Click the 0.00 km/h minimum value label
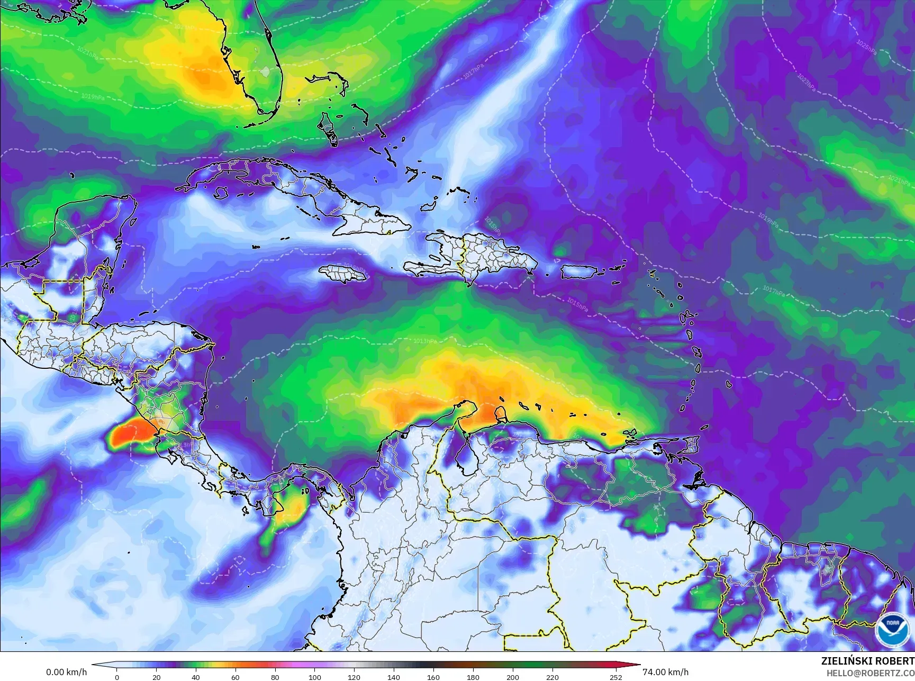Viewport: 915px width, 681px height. [x=67, y=672]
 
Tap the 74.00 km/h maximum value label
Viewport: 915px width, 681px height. [x=665, y=672]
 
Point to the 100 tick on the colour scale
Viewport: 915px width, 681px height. [x=315, y=677]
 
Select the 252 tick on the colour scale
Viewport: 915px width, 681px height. [x=616, y=677]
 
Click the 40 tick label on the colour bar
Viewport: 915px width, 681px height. [x=196, y=677]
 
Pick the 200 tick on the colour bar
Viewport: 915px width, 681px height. [x=512, y=677]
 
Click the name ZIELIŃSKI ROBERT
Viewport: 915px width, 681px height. [x=867, y=661]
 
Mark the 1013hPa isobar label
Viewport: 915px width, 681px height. [x=425, y=341]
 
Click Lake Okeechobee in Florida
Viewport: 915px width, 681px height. [x=265, y=70]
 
